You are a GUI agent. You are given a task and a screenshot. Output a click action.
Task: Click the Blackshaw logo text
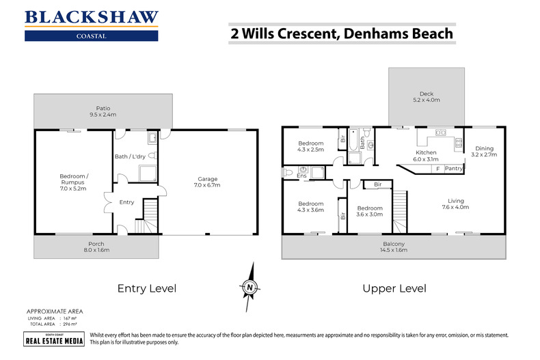[x=91, y=17]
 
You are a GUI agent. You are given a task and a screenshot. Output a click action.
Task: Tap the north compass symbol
[x=251, y=288]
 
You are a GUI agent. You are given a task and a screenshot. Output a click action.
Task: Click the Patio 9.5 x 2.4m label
[x=103, y=111]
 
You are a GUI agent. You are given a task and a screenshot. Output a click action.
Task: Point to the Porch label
[x=96, y=247]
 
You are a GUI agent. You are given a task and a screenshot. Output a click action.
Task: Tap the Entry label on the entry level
[x=126, y=202]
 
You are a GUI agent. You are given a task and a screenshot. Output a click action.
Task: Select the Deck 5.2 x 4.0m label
[x=426, y=98]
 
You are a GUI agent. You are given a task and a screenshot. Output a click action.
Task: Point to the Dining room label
[x=483, y=152]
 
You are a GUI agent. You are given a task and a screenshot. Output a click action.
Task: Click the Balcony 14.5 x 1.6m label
[x=394, y=247]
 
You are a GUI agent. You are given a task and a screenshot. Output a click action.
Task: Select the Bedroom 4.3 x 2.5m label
[x=310, y=146]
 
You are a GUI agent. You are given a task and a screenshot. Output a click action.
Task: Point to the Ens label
[x=302, y=176]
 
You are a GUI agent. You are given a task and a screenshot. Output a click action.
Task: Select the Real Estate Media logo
[x=54, y=340]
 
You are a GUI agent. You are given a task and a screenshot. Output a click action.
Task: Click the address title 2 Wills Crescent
[x=340, y=32]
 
